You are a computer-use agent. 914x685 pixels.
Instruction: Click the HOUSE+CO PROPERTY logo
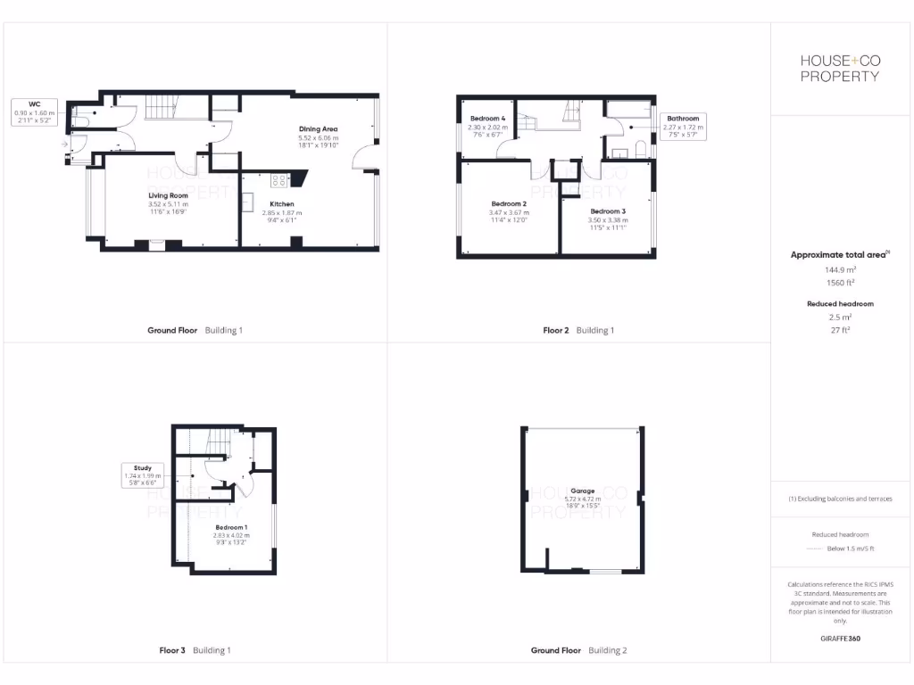839,68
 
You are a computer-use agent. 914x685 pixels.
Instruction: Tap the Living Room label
168,194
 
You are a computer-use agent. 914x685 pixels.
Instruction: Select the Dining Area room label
319,130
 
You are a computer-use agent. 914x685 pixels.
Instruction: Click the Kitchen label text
281,204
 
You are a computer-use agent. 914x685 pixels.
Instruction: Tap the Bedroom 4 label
487,119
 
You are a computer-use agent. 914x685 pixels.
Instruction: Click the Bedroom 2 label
509,203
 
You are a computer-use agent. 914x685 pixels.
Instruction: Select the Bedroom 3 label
608,211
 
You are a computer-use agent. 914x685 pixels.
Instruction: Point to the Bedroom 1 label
231,528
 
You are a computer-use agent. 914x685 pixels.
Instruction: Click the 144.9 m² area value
839,268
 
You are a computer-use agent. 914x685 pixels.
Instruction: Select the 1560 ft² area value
839,282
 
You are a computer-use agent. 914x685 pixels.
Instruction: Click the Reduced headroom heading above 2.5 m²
840,304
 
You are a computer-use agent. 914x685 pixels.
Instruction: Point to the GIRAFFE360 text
840,639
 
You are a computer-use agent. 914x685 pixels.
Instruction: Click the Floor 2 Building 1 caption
578,331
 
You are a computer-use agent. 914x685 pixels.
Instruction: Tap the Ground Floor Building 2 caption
578,650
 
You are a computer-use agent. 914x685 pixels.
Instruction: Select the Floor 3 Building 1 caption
195,650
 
